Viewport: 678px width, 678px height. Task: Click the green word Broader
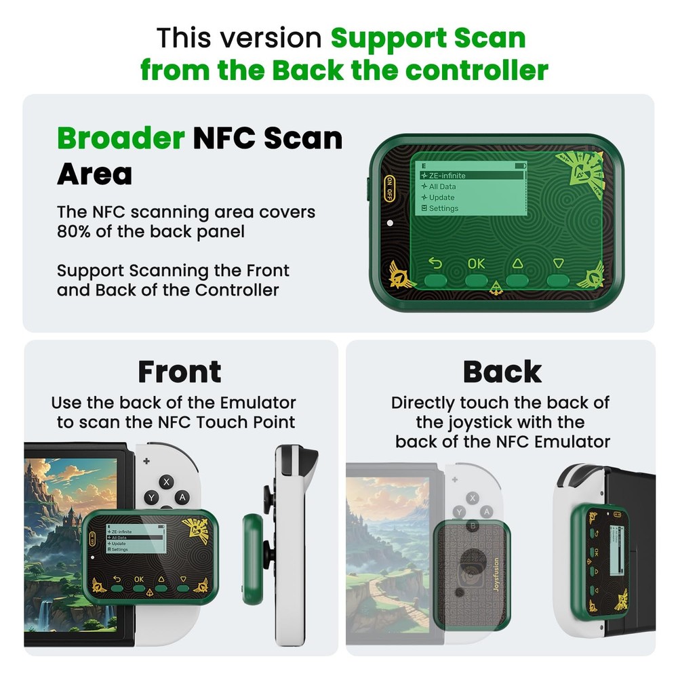(121, 139)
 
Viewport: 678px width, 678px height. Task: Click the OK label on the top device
(476, 263)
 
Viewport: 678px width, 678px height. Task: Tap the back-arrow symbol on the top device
(435, 263)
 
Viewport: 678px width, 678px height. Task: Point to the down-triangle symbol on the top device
(558, 263)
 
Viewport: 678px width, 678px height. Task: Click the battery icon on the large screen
(520, 165)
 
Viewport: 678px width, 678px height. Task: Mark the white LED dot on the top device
(389, 223)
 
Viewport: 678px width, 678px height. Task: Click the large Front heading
(180, 372)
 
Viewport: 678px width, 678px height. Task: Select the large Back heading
(502, 372)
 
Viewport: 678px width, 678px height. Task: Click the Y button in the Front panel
(152, 498)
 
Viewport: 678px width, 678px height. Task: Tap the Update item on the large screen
(441, 197)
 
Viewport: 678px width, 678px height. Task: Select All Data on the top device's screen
(442, 186)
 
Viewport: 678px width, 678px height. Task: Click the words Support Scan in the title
(428, 38)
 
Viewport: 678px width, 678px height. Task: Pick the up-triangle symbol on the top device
(517, 263)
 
